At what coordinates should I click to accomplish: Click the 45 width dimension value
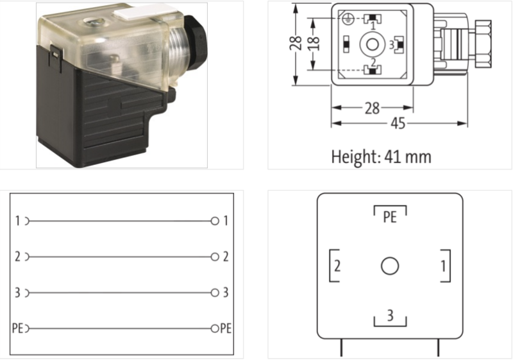pos(398,123)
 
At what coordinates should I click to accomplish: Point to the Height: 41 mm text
pos(381,157)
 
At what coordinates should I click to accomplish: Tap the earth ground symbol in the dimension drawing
pos(346,19)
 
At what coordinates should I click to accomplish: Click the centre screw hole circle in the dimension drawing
pos(373,44)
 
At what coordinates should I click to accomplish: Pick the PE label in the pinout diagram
pos(390,217)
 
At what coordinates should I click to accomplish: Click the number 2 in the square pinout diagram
pos(337,266)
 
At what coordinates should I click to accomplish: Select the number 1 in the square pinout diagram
pos(443,266)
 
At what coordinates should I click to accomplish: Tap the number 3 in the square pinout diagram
pos(390,316)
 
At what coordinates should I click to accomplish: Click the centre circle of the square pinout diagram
pos(390,266)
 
